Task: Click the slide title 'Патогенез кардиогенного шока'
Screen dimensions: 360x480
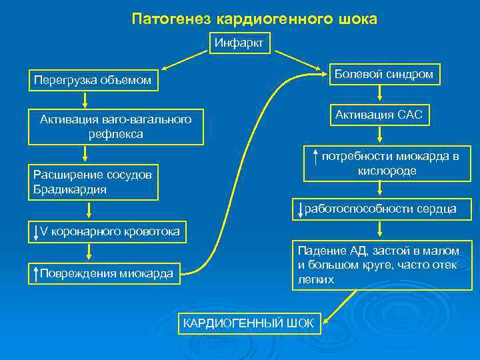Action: [254, 19]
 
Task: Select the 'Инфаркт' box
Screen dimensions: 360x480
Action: [239, 43]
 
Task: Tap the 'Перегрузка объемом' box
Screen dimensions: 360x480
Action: [93, 81]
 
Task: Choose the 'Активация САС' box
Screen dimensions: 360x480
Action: [378, 115]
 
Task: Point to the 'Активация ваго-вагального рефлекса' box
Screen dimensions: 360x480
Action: [115, 126]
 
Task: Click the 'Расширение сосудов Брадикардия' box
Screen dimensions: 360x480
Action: [93, 182]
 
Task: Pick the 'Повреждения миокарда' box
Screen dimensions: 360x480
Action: [105, 273]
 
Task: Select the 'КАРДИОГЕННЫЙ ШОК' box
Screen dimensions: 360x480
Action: [248, 323]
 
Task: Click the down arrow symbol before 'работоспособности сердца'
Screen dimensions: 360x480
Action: [301, 209]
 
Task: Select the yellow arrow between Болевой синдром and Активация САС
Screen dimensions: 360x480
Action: [379, 95]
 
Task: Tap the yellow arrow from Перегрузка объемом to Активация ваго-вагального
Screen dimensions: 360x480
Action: [85, 99]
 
